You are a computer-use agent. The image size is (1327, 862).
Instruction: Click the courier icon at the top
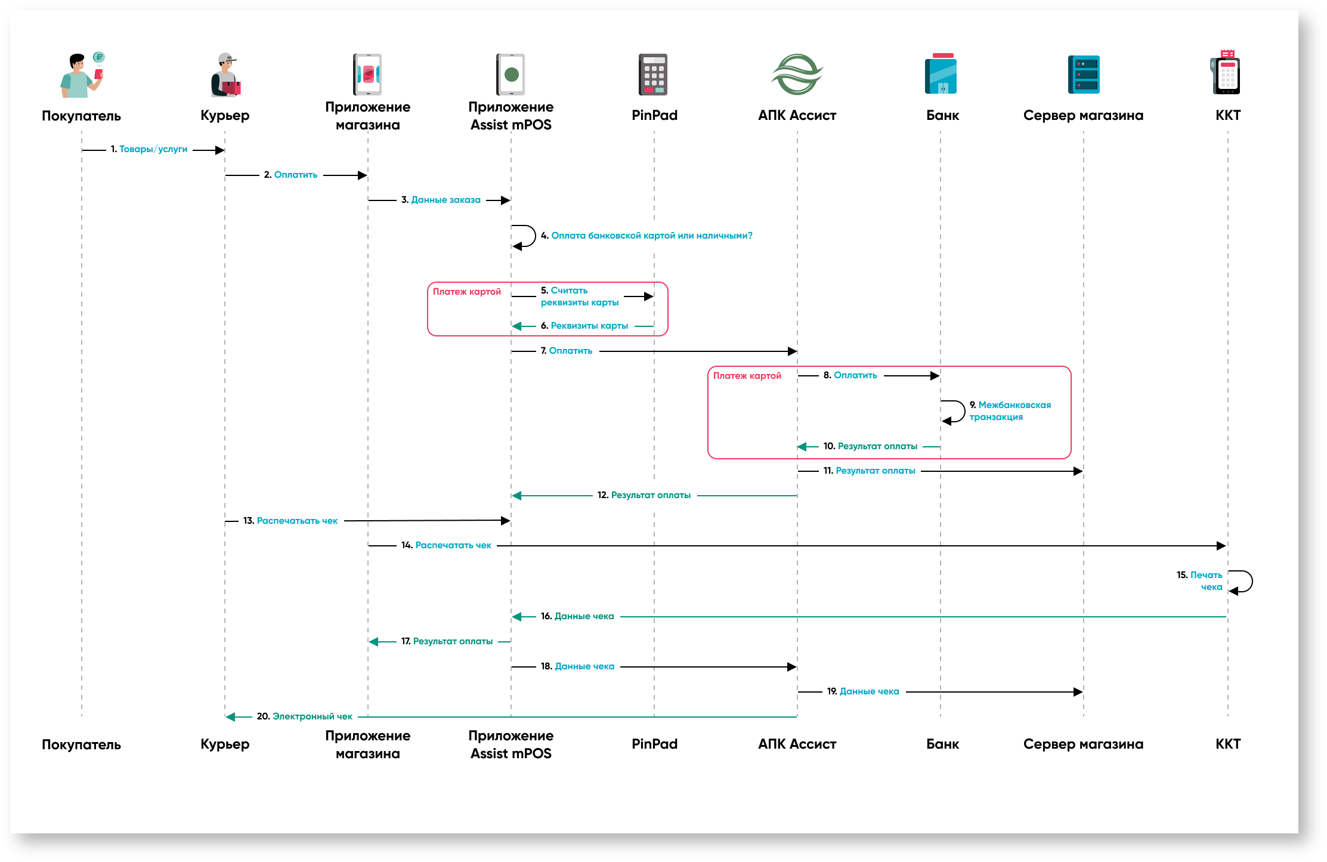click(x=225, y=75)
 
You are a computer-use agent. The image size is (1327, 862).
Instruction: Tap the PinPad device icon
click(x=653, y=75)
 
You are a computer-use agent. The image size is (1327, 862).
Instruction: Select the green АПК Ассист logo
click(x=797, y=75)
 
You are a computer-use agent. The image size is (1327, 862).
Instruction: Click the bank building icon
click(x=941, y=74)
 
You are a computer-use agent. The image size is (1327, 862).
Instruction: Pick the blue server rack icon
click(x=1084, y=75)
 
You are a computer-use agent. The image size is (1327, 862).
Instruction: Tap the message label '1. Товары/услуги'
click(x=149, y=149)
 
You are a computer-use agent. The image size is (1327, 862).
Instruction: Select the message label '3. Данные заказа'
click(x=441, y=200)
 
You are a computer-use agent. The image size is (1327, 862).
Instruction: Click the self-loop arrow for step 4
click(x=525, y=236)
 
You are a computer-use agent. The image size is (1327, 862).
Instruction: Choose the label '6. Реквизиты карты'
click(x=584, y=326)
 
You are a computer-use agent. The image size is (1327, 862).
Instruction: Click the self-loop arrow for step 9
click(x=955, y=412)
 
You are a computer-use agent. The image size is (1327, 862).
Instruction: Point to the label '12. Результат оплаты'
click(x=644, y=495)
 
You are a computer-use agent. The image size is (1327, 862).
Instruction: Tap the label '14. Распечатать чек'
click(x=447, y=545)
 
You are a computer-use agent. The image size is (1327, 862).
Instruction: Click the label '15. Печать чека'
click(x=1200, y=581)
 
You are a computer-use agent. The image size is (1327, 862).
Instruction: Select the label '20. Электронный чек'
click(x=305, y=716)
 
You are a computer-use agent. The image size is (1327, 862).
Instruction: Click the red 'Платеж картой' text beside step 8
click(x=747, y=376)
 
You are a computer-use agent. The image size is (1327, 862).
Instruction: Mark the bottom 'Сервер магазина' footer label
click(x=1083, y=744)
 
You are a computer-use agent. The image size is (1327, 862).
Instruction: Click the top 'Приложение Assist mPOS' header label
click(x=511, y=116)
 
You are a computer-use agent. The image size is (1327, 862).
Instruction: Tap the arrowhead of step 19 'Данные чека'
click(x=1078, y=692)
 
